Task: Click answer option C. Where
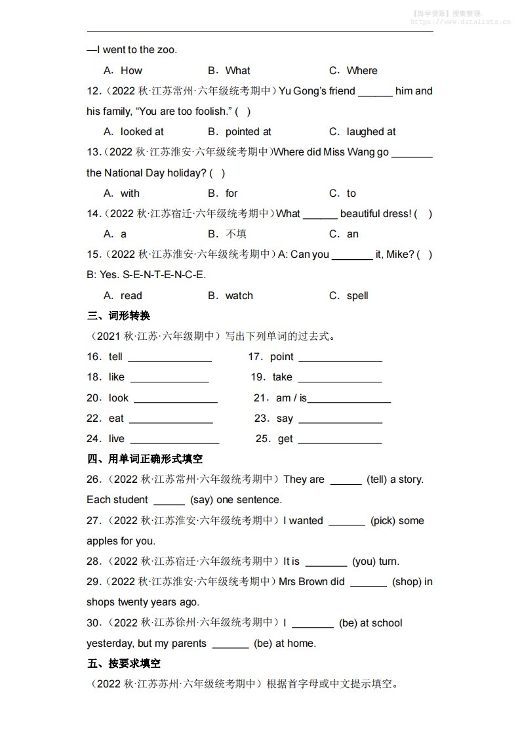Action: (353, 71)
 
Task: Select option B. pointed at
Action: (239, 132)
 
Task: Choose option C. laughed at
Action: (363, 132)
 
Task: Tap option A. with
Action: (122, 194)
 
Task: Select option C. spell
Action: (349, 296)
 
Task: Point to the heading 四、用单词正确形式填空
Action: (145, 459)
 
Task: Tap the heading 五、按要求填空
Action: (124, 664)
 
